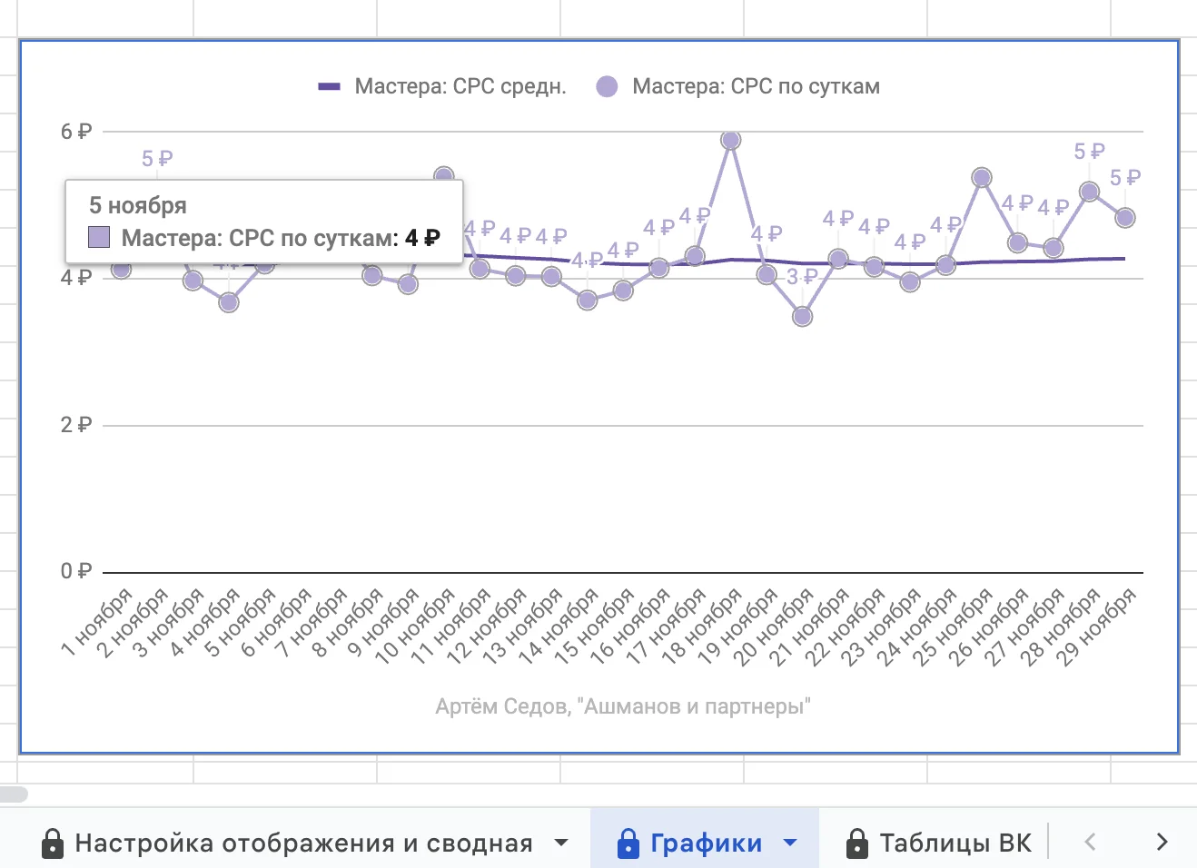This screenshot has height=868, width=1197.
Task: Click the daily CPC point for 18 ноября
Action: pos(730,140)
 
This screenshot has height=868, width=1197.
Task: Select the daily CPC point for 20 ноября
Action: pos(802,316)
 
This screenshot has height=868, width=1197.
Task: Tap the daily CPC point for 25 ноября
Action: pos(981,177)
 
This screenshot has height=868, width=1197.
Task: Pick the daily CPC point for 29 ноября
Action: pos(1124,217)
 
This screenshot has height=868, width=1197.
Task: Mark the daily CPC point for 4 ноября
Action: pos(229,301)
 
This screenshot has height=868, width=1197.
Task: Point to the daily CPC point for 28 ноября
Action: pos(1089,191)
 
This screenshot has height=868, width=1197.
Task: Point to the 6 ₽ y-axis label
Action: pos(76,132)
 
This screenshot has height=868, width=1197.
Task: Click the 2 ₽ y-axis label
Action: pos(76,425)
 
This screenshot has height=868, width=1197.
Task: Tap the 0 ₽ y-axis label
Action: pos(76,571)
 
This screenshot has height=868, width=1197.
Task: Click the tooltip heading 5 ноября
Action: pos(138,205)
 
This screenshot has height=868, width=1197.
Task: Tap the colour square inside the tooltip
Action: pos(99,238)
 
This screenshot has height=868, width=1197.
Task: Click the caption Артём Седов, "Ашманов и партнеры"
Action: pos(623,706)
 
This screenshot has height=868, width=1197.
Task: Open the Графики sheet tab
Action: pos(706,843)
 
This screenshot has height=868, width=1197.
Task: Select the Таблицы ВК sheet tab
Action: pos(955,843)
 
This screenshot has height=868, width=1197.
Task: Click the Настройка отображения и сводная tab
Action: pos(303,843)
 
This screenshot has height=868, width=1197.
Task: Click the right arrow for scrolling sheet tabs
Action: pos(1162,842)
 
